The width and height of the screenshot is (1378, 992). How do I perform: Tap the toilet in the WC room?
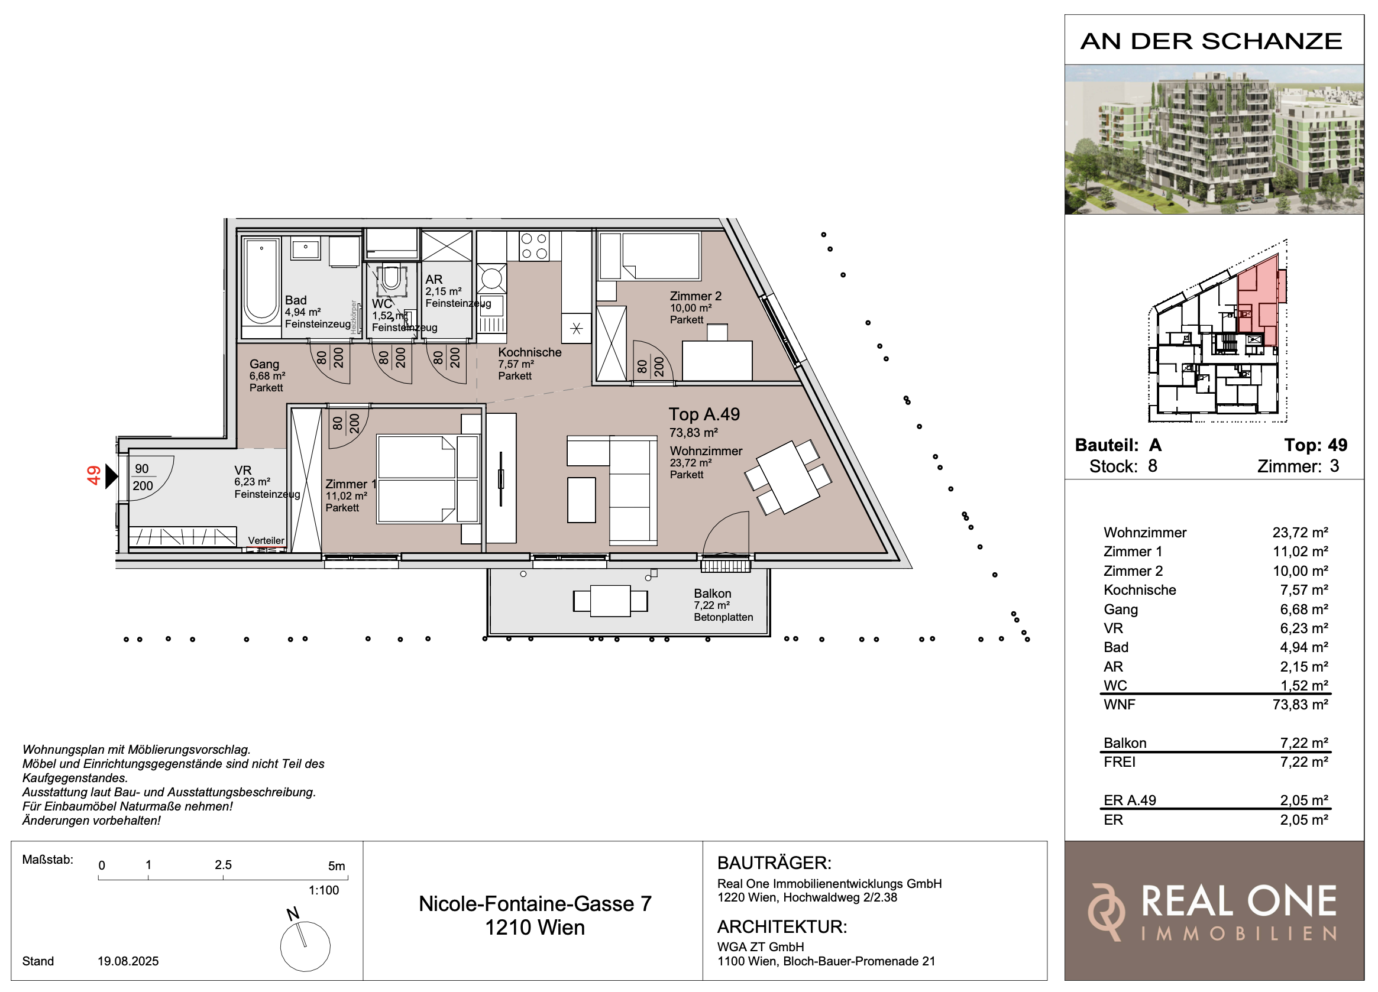[391, 280]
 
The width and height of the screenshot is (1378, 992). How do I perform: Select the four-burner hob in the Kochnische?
[534, 246]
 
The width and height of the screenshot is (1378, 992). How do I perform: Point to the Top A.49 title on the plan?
[704, 414]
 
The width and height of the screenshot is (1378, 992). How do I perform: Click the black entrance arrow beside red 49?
[112, 476]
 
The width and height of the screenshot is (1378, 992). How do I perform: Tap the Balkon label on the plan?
[712, 594]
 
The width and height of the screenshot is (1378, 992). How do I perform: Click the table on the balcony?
[610, 601]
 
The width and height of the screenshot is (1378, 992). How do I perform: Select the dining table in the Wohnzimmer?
[787, 478]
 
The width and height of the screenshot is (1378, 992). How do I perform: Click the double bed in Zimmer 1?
[428, 479]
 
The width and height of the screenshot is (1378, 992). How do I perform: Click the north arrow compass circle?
[305, 946]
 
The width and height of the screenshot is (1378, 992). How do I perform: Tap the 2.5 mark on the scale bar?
[223, 865]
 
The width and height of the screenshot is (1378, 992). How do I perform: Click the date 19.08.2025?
[128, 961]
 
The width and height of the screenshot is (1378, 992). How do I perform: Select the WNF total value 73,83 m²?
[1301, 705]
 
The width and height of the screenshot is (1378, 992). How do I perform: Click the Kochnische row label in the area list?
[1140, 590]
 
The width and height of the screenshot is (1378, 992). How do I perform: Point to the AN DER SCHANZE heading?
[1212, 41]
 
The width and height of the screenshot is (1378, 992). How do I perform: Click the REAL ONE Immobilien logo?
[1213, 912]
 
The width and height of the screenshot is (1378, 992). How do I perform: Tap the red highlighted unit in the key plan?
[1260, 301]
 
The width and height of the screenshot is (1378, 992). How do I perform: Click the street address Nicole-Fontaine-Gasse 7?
[535, 904]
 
